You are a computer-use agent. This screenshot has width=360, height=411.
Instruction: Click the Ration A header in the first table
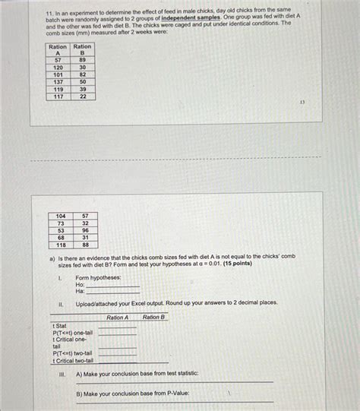click(x=58, y=50)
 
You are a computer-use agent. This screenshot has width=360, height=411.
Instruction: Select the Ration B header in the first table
click(x=83, y=50)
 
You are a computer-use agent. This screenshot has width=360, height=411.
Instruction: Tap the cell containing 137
click(x=58, y=82)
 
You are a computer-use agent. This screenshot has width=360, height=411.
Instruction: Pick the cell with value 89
click(x=83, y=59)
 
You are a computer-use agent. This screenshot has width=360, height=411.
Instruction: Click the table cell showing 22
click(x=83, y=96)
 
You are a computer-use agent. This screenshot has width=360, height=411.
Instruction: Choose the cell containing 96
click(x=86, y=230)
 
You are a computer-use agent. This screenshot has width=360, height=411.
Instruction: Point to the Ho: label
click(x=81, y=285)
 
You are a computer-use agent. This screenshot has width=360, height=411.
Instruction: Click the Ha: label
click(x=80, y=291)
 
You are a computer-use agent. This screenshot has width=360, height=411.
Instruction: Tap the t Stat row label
click(x=60, y=326)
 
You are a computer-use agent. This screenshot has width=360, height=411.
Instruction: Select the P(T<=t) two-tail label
click(x=73, y=353)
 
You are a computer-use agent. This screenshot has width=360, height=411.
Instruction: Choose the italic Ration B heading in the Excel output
click(x=154, y=317)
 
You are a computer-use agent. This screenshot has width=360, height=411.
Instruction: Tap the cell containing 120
click(x=58, y=67)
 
